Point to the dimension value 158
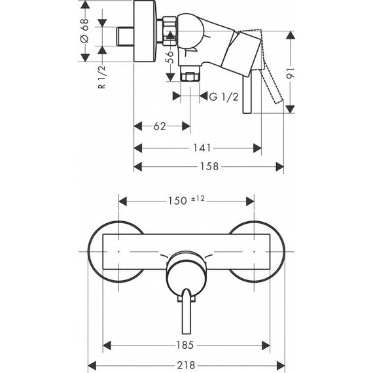pyautogui.click(x=208, y=166)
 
